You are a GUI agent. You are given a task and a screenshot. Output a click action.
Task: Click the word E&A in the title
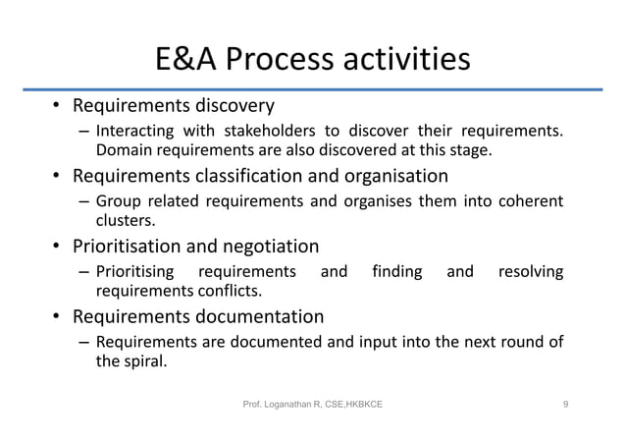coord(185,61)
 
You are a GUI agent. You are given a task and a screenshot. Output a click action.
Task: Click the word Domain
coord(121,151)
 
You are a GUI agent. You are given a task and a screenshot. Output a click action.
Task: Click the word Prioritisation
coord(134,247)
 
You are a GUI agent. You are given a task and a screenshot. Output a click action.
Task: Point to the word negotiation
coord(272,247)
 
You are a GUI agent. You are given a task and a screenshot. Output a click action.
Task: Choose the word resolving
coord(531,272)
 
